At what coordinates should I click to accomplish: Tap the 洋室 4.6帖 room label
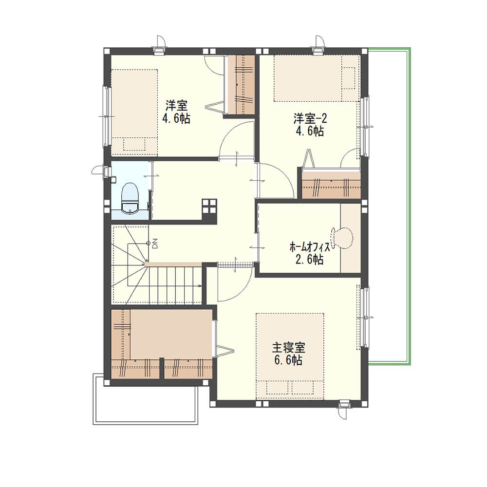[176, 112]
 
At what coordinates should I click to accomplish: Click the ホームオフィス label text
[310, 247]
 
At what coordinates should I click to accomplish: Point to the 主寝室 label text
[288, 348]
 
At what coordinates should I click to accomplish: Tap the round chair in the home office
[342, 239]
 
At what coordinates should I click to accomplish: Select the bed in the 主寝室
[290, 356]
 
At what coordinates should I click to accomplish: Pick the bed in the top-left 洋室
[134, 113]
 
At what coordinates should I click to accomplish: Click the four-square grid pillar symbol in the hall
[209, 206]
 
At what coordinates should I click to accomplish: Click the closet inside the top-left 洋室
[241, 84]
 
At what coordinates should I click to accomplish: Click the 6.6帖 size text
[288, 360]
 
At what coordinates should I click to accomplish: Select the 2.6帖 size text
[309, 259]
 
